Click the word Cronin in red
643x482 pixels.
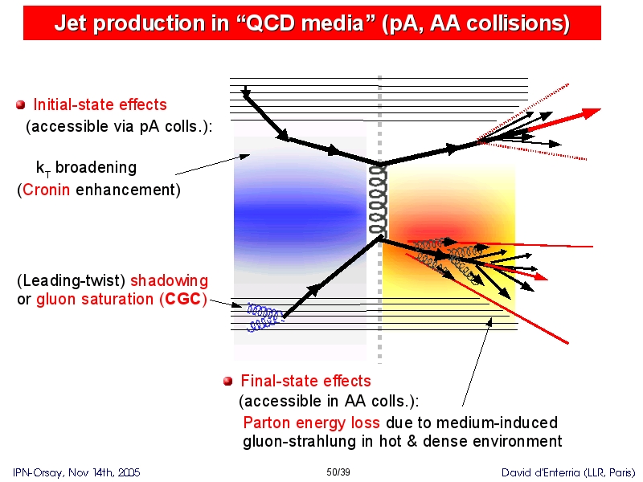[46, 190]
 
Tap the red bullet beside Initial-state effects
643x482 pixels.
[21, 105]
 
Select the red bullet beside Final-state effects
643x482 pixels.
[228, 381]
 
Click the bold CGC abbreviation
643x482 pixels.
[182, 299]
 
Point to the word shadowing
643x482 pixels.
[169, 280]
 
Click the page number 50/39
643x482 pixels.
[338, 472]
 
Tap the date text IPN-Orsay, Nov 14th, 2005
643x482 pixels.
[76, 472]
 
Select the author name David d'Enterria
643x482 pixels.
[541, 472]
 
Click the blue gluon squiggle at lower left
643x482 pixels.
[265, 317]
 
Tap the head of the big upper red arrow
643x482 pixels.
[592, 112]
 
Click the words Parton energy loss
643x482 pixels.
[311, 423]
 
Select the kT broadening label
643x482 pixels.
[87, 168]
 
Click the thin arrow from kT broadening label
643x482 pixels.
[212, 165]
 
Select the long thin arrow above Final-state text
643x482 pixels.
[477, 362]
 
